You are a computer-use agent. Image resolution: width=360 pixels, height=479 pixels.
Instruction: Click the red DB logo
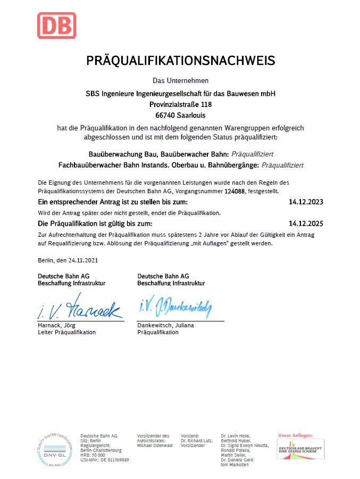[x=56, y=25]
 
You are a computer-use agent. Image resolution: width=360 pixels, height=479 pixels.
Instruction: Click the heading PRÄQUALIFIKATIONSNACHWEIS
[x=181, y=60]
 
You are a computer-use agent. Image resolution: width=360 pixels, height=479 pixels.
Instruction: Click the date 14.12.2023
[x=306, y=202]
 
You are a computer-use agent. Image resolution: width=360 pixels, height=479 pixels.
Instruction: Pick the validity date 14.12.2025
[x=306, y=224]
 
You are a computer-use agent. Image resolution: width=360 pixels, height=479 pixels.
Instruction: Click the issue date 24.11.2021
[x=83, y=260]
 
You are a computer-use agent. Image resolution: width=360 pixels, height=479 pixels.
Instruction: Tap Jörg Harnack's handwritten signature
[x=80, y=308]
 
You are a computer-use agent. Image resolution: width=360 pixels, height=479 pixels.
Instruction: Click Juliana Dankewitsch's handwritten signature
[x=175, y=307]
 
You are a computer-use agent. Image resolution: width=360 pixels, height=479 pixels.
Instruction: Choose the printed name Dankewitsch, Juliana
[x=165, y=325]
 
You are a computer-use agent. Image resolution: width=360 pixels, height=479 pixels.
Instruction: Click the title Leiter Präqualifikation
[x=66, y=332]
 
